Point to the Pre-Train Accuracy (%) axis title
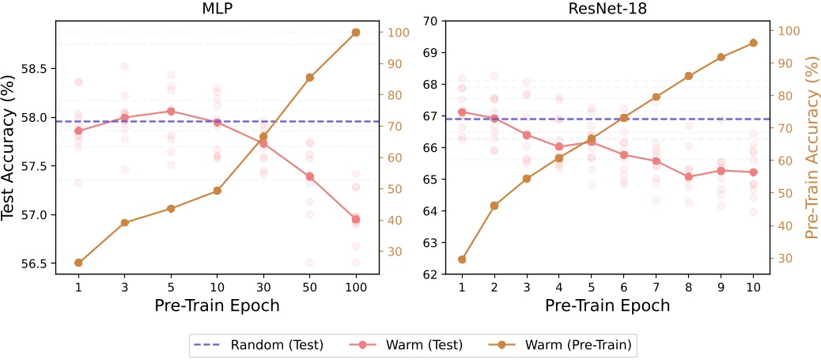811,147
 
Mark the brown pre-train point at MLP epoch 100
356,32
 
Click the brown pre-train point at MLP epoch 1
78,263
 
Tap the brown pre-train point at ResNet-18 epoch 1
462,260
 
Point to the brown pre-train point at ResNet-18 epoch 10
753,43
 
